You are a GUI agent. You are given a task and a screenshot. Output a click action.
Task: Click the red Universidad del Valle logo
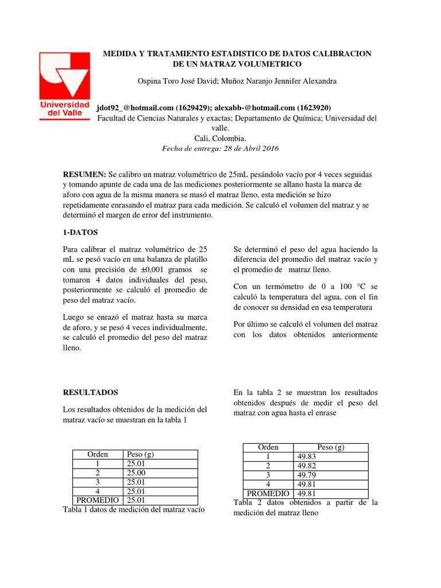[64, 85]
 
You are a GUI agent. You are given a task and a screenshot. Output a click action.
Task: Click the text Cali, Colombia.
[220, 138]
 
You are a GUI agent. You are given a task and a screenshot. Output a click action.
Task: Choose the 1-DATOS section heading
[80, 233]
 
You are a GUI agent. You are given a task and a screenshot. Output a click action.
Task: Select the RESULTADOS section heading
[90, 393]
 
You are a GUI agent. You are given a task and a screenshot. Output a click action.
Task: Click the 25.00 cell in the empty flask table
[136, 473]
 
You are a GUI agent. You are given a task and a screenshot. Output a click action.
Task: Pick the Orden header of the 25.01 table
[97, 454]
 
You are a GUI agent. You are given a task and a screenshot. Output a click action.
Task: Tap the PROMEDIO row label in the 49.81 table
[268, 493]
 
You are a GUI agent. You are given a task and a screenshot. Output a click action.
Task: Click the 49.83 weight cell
[307, 457]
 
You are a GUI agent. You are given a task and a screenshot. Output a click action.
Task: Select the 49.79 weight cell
[307, 475]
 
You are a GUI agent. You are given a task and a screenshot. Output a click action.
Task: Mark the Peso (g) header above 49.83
[330, 447]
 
